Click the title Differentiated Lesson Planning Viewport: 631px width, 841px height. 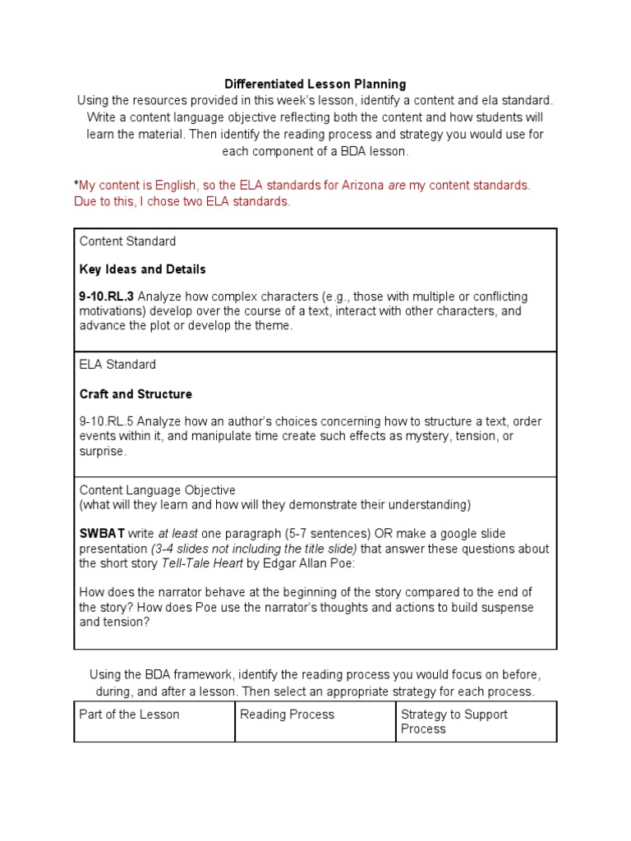315,84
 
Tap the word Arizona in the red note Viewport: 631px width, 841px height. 360,186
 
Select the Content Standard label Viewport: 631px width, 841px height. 127,241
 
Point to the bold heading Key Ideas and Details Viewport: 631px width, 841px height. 142,269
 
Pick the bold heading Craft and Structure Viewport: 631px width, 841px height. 136,393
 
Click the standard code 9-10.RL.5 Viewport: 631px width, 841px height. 104,421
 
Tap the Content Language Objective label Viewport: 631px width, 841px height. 157,490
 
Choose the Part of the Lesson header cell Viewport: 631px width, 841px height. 129,715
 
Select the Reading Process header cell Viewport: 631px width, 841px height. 288,715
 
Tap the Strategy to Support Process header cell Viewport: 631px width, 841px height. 454,721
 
